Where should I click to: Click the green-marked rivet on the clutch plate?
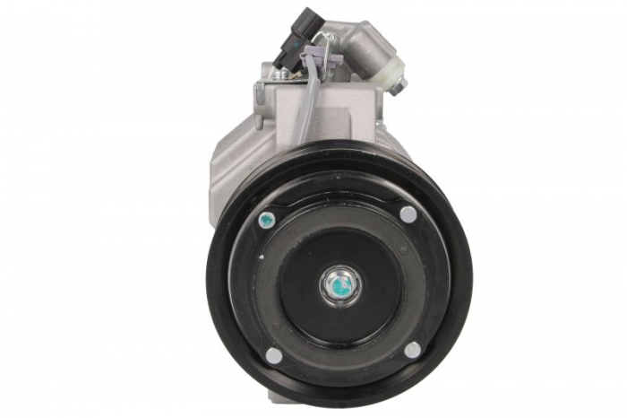coord(265,218)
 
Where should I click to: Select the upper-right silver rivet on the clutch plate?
coord(408,213)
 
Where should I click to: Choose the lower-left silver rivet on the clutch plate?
coord(273,355)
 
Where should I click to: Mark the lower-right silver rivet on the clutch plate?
coord(412,350)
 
